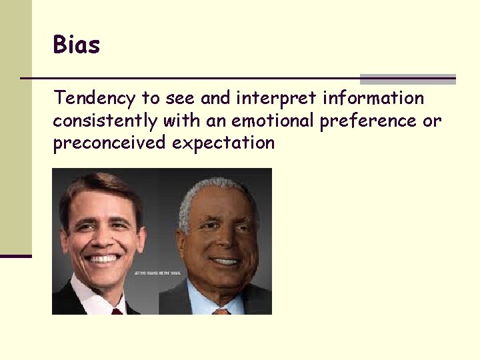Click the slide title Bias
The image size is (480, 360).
pyautogui.click(x=77, y=45)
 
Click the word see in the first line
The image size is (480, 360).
pyautogui.click(x=178, y=99)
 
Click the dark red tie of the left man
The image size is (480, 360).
pyautogui.click(x=117, y=311)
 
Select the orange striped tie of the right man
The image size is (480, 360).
pyautogui.click(x=221, y=311)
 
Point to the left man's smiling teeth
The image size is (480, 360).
pyautogui.click(x=104, y=259)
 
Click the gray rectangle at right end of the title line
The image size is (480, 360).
pyautogui.click(x=407, y=79)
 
